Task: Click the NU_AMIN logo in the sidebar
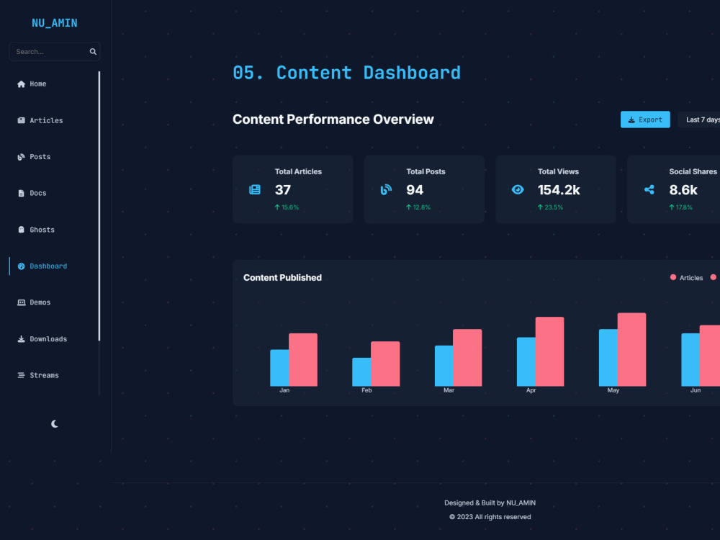tap(54, 23)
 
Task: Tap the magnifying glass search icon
tap(93, 51)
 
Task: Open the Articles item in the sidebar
tap(40, 120)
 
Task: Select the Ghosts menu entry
tap(36, 230)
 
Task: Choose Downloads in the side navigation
tap(42, 339)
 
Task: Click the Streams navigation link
tap(38, 375)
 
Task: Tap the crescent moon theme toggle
tap(55, 424)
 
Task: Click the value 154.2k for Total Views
tap(559, 189)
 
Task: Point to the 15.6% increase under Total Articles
tap(287, 207)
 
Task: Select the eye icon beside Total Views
tap(518, 189)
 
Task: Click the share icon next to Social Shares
tap(649, 189)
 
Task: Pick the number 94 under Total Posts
tap(415, 189)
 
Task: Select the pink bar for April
tap(549, 351)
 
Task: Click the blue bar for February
tap(361, 372)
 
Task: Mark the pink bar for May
tap(632, 349)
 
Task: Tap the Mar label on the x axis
tap(449, 390)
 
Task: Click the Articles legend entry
tap(686, 278)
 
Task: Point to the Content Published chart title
tap(282, 278)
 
